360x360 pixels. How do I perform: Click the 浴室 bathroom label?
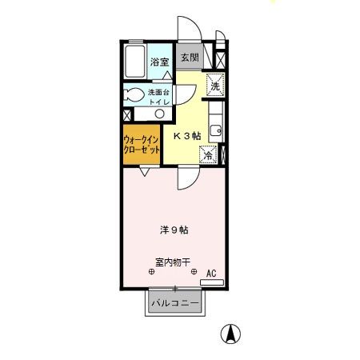tap(159, 62)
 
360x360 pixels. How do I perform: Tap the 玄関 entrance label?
tap(189, 58)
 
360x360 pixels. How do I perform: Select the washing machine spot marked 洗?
tap(214, 83)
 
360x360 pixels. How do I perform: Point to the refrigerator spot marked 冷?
tap(206, 156)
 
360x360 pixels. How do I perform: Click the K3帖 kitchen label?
tap(186, 135)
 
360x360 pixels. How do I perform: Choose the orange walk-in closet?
tap(141, 145)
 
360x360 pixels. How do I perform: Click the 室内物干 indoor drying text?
tap(172, 262)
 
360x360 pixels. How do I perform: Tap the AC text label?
tap(211, 273)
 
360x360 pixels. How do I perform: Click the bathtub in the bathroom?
tap(134, 62)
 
